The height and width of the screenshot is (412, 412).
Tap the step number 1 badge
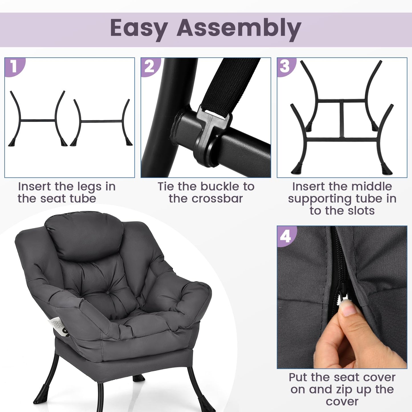(14, 67)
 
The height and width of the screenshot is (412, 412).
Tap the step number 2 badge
(150, 67)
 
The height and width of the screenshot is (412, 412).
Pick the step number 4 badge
(286, 236)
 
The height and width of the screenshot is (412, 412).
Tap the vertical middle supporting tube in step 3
(342, 119)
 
